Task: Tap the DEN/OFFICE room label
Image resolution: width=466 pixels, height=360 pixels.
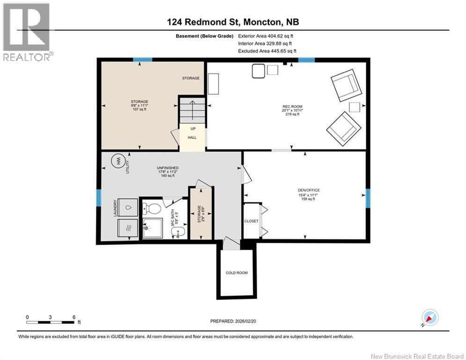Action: pos(309,190)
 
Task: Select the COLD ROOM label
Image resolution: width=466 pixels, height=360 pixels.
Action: pos(237,273)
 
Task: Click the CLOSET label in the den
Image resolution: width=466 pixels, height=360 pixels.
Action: pos(251,221)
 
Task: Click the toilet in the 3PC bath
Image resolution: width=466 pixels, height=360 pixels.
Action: pos(153,207)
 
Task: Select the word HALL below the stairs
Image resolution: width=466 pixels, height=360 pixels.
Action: pos(192,137)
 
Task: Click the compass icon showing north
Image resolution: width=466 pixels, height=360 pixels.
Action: pos(429,318)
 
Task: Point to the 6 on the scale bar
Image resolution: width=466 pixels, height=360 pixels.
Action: pos(74,317)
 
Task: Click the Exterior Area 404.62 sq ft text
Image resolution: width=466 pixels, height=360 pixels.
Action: pos(266,36)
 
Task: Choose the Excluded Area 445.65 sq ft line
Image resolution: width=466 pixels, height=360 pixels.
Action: pos(267,51)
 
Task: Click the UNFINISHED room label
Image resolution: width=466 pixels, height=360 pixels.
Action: pos(168,167)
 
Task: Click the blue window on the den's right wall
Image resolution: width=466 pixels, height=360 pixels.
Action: pos(368,198)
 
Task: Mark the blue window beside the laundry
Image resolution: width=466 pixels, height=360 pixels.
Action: pos(99,197)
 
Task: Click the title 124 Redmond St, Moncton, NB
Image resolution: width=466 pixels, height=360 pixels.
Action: pos(233,22)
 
